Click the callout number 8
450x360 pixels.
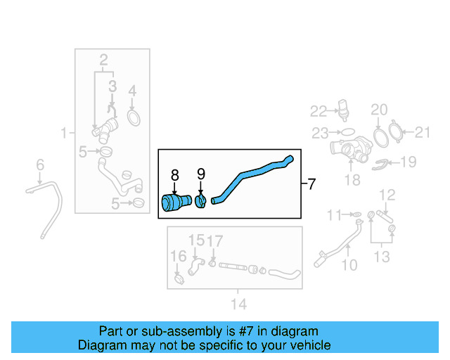point(174,175)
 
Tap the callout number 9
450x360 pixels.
point(201,174)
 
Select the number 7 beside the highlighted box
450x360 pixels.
point(311,184)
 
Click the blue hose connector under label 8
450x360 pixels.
point(176,202)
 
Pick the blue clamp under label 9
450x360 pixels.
point(200,201)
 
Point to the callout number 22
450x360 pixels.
point(319,111)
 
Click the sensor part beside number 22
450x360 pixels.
point(343,109)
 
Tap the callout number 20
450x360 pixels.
point(379,110)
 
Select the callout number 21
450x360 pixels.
point(422,132)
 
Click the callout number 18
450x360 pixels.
point(352,180)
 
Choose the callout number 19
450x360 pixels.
point(408,162)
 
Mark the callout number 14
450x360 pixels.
point(239,304)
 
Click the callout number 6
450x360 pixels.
point(40,165)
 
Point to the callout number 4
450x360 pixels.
point(132,91)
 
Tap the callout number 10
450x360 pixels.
point(349,265)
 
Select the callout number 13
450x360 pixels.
point(382,257)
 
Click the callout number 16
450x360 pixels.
point(178,256)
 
